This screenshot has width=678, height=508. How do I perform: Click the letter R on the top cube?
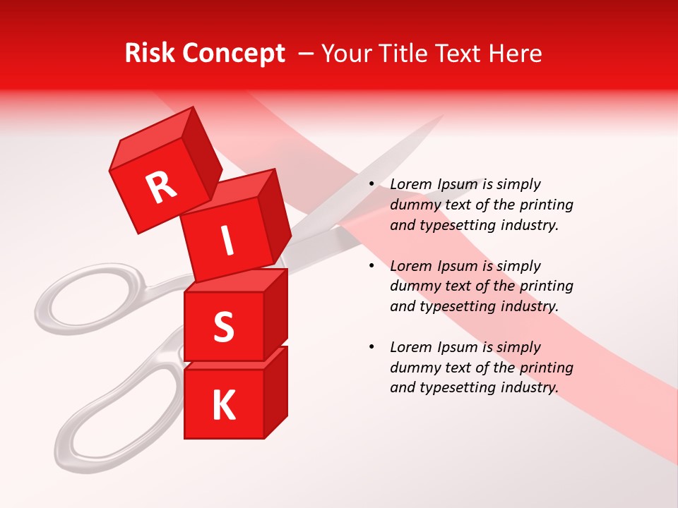pyautogui.click(x=161, y=187)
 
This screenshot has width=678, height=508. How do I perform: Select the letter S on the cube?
pyautogui.click(x=224, y=327)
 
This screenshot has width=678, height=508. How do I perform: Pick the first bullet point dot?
pyautogui.click(x=371, y=185)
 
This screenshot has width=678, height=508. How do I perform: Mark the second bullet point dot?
pyautogui.click(x=371, y=267)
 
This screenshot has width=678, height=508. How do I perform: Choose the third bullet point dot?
pyautogui.click(x=371, y=348)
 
